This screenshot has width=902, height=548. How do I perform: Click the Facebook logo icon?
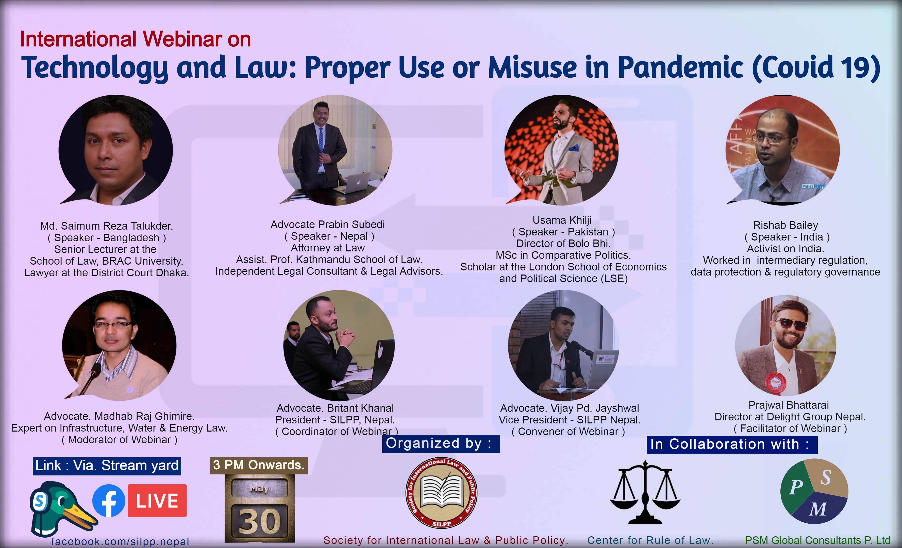[x=108, y=501]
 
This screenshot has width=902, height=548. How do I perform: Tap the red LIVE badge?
[x=157, y=501]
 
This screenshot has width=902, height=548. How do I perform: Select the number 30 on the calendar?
[x=260, y=522]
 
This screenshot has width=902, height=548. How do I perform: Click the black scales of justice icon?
[x=645, y=492]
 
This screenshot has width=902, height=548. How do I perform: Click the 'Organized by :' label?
[x=441, y=443]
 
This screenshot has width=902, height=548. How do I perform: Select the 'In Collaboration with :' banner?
[x=732, y=444]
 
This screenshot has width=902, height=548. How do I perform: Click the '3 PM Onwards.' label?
[x=259, y=465]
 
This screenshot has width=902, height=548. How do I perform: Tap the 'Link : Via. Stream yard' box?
[x=107, y=466]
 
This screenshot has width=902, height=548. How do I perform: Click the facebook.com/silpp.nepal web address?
[x=120, y=541]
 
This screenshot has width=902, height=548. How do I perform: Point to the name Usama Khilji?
[x=562, y=220]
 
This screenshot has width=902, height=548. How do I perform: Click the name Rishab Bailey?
[x=786, y=225]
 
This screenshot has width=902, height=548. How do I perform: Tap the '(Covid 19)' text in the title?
[x=816, y=68]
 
